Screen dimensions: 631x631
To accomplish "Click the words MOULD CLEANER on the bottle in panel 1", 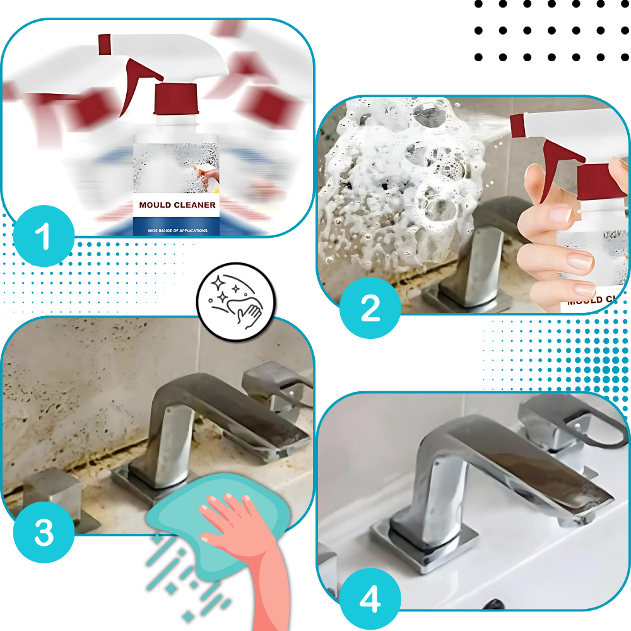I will (x=177, y=205).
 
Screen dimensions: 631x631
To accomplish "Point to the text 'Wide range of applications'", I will (x=177, y=230).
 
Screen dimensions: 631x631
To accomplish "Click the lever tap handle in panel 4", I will (x=568, y=423).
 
